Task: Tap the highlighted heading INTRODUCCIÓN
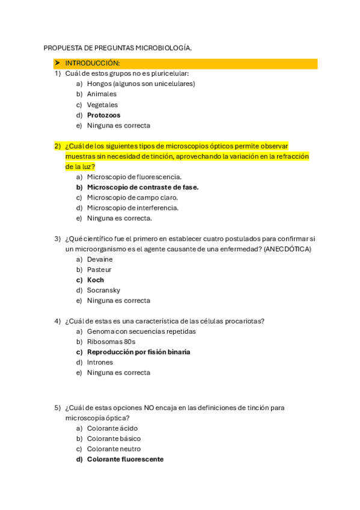[93, 63]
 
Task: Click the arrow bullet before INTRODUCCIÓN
[56, 63]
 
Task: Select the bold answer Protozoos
[103, 115]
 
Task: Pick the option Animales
[102, 94]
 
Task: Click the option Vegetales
[102, 105]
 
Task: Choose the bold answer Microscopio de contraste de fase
[142, 187]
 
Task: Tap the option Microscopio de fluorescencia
[134, 177]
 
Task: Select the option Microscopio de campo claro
[132, 197]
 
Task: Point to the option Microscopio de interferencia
[132, 207]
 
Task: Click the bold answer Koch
[95, 280]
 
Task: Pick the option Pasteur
[99, 269]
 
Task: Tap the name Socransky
[103, 290]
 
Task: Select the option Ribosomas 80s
[111, 342]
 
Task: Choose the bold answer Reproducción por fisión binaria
[138, 352]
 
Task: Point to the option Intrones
[100, 362]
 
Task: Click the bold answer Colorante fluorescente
[125, 459]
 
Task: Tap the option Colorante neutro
[114, 449]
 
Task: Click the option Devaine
[100, 259]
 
